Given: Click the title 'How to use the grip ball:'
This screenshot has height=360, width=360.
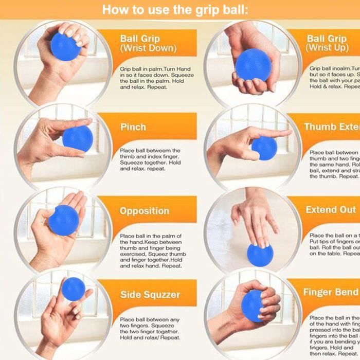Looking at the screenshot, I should coord(175,10).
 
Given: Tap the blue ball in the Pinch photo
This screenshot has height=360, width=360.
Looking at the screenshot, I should coord(78,138).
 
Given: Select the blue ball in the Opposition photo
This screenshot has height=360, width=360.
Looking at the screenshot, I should coord(64,221).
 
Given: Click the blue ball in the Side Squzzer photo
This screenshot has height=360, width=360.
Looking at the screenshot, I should coord(73,289).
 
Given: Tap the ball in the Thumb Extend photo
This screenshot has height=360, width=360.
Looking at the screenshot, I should coord(264,148).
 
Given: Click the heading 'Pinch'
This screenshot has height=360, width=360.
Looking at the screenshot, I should coord(133,127).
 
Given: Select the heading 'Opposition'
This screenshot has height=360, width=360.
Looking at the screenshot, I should coord(145,211).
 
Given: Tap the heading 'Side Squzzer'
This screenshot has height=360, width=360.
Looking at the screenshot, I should coord(150,295).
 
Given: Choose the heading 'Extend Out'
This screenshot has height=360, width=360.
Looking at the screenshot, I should coord(330,210).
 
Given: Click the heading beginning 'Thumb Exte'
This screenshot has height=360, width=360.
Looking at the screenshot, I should coord(331,127).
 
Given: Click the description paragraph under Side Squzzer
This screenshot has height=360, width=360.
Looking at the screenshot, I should coord(150,328).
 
